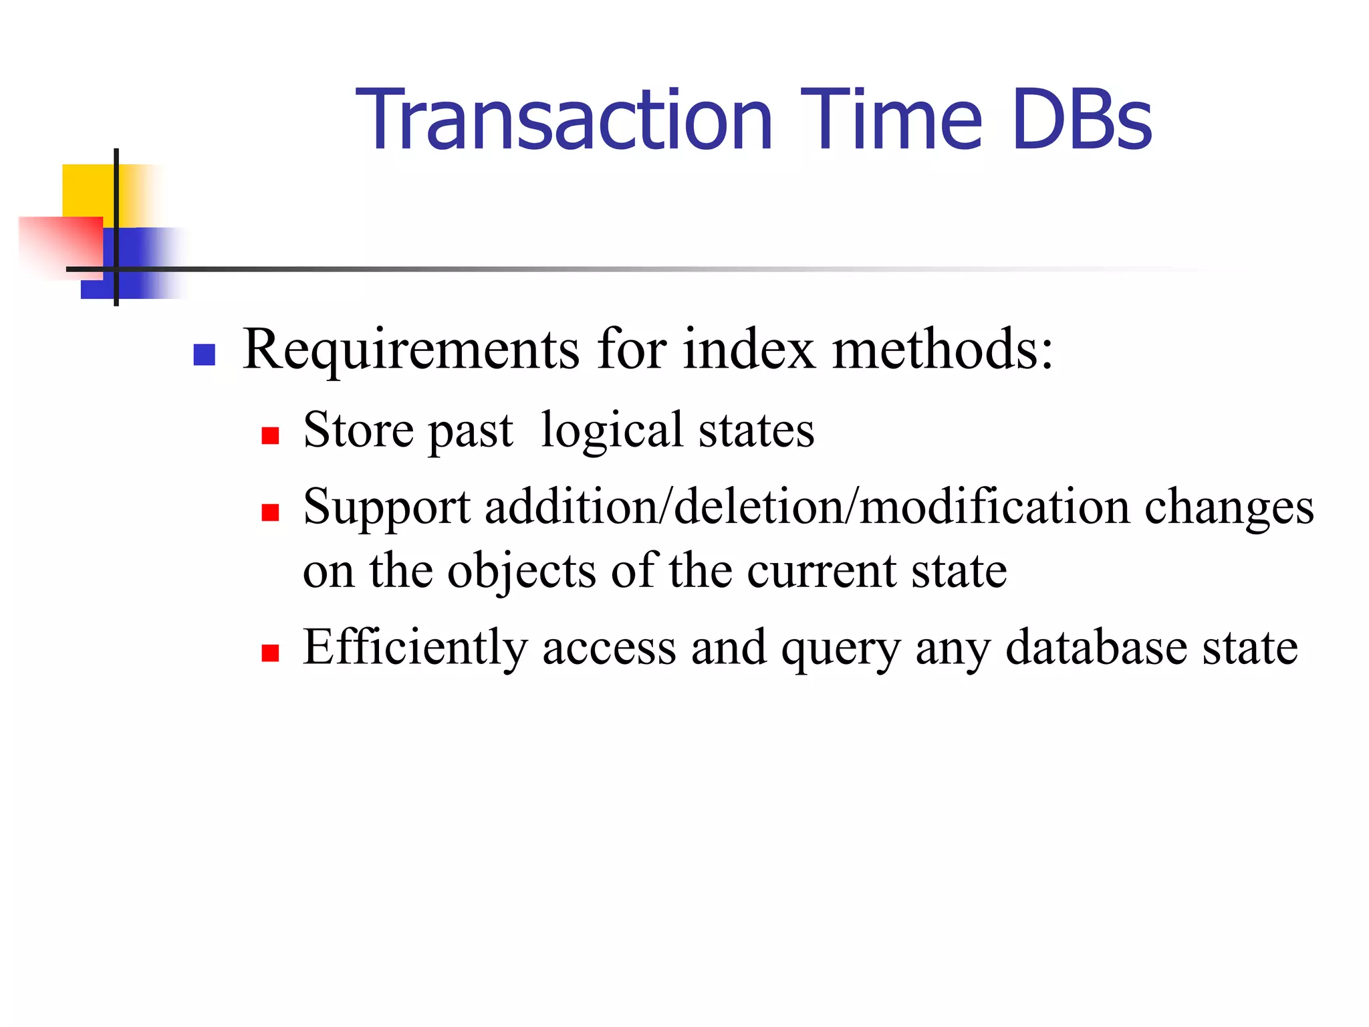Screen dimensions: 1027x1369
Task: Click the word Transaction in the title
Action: click(565, 120)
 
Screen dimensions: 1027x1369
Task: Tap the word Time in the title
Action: click(892, 120)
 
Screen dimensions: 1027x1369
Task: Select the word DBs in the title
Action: click(1082, 120)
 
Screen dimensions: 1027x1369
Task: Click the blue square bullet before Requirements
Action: click(204, 354)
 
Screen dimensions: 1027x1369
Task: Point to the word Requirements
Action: click(410, 350)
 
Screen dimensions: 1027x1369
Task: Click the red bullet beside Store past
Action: click(270, 436)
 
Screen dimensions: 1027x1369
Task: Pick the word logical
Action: click(612, 431)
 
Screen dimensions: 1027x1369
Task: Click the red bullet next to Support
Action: click(270, 512)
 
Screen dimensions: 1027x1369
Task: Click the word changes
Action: click(1229, 508)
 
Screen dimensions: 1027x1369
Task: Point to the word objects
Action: click(521, 572)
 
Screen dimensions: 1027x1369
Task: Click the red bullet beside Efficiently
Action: click(270, 653)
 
